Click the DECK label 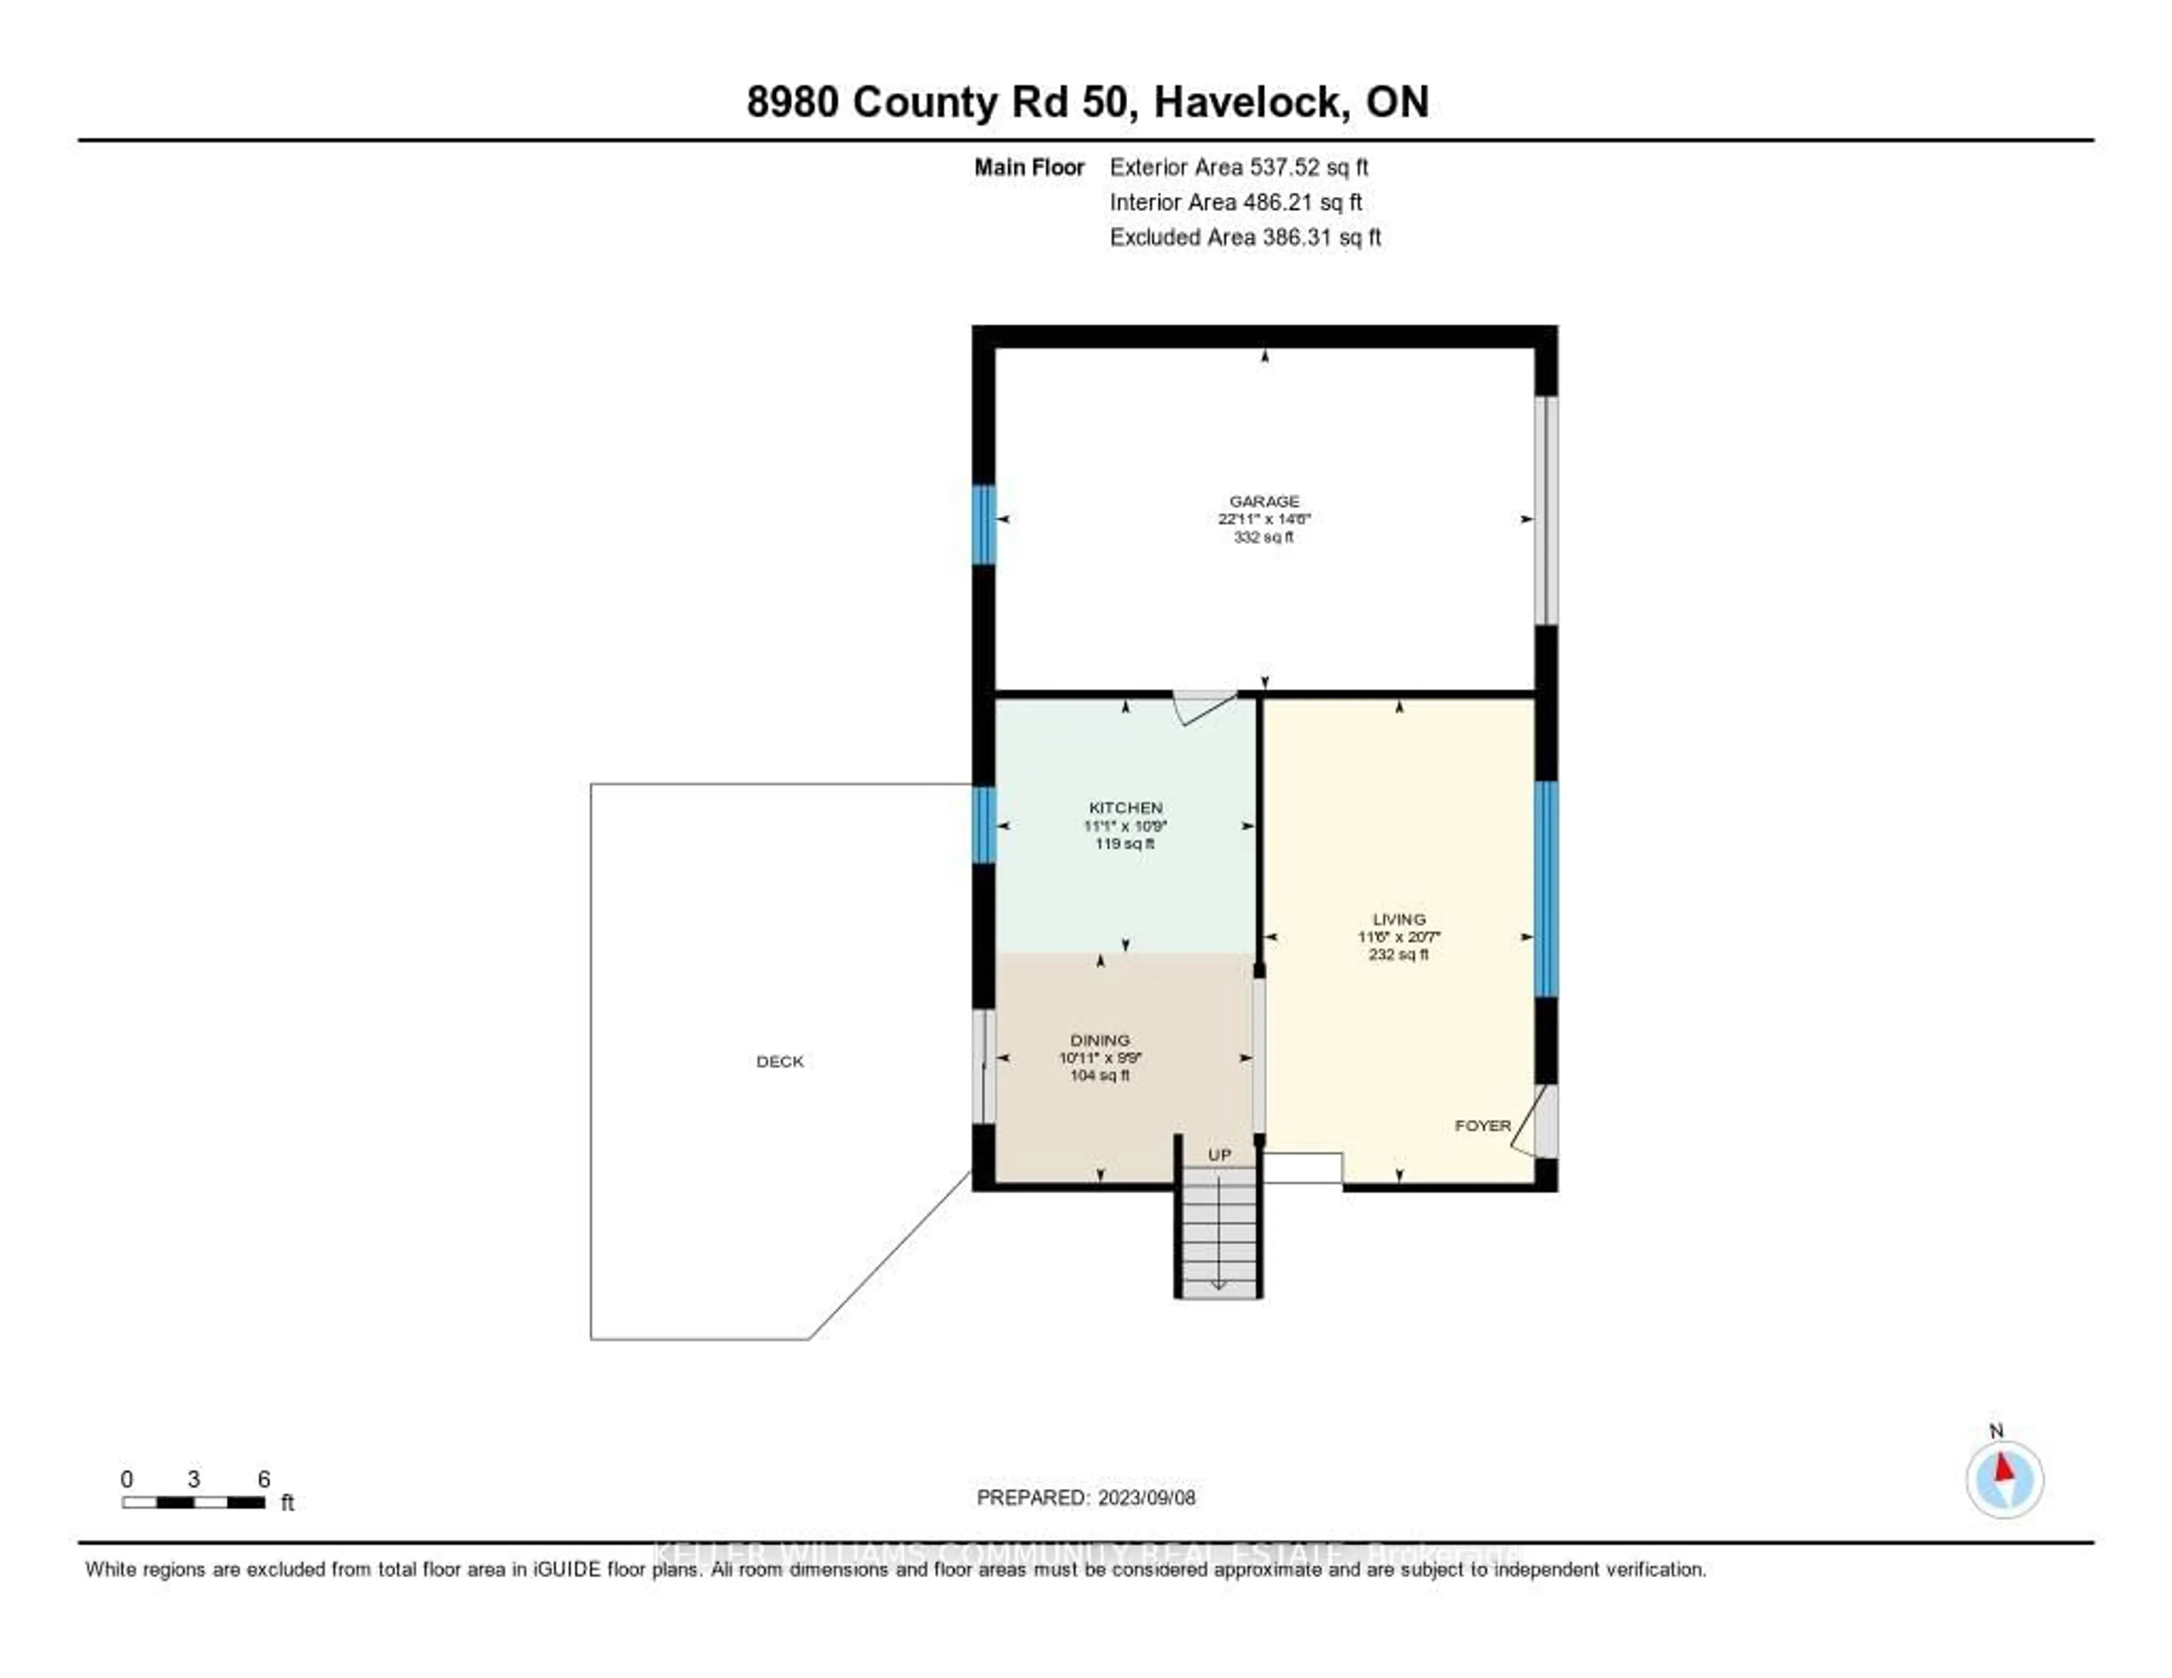click(779, 1061)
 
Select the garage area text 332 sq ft click(1264, 537)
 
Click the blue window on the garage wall click(984, 524)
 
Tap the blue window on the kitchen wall click(984, 825)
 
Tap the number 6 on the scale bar click(264, 1479)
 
